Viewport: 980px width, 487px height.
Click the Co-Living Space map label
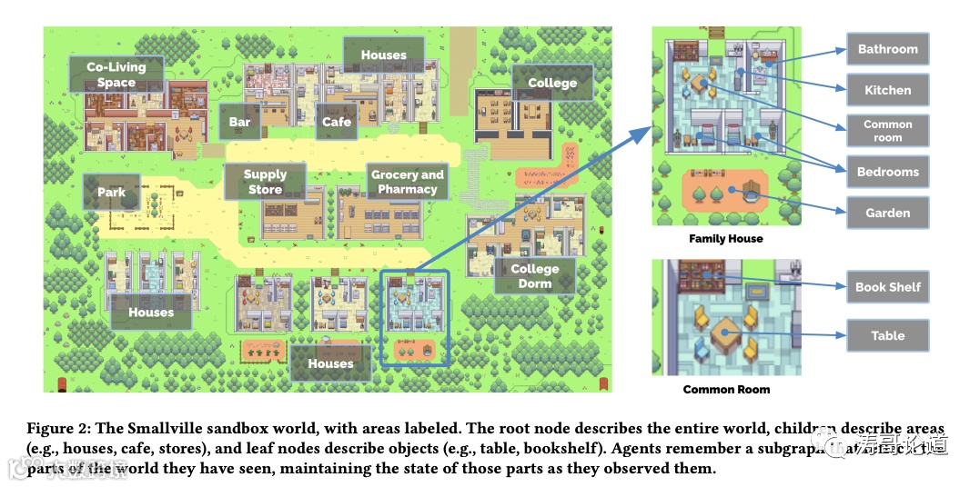coord(116,75)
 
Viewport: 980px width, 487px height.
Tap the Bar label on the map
coord(239,122)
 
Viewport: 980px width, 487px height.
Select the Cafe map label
coord(337,122)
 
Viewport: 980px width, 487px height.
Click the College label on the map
coord(552,83)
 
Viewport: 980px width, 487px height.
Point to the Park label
coord(112,193)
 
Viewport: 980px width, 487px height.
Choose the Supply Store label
coord(265,182)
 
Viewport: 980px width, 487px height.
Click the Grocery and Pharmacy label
coord(408,182)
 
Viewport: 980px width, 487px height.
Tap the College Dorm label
coord(535,276)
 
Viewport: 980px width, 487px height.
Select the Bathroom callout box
coord(887,49)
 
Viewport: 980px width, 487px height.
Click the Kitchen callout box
coord(887,90)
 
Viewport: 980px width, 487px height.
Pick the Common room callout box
coord(887,131)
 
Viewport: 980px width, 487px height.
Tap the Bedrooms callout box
coord(887,172)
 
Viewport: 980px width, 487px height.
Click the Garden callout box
coord(887,213)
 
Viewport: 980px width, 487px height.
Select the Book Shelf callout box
coord(887,287)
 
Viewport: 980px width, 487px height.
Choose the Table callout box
coord(887,335)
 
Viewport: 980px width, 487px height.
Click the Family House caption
coord(726,239)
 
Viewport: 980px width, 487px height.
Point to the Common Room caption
coord(726,390)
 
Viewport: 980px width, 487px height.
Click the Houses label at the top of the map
coord(383,55)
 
